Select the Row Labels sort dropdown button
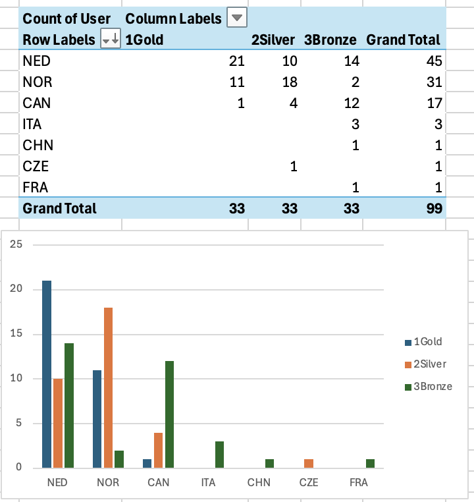click(x=111, y=40)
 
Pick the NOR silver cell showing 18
click(x=290, y=82)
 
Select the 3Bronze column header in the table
click(x=330, y=40)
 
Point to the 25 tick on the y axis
click(x=16, y=244)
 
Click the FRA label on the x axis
click(x=359, y=483)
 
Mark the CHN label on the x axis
click(x=259, y=483)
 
